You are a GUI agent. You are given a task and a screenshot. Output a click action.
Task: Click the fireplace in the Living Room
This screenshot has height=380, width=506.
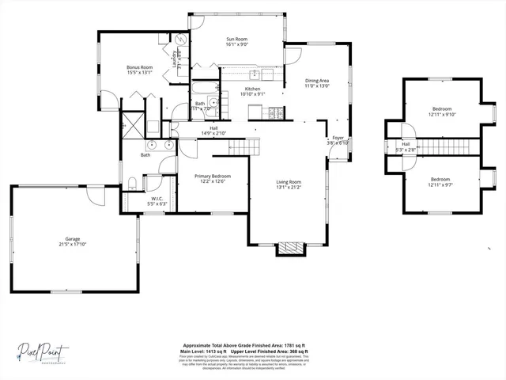pos(289,249)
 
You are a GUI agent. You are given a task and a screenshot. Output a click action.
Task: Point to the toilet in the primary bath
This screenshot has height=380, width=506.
pos(133,184)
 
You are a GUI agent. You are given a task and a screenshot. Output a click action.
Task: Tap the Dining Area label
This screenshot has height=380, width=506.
pos(317,81)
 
